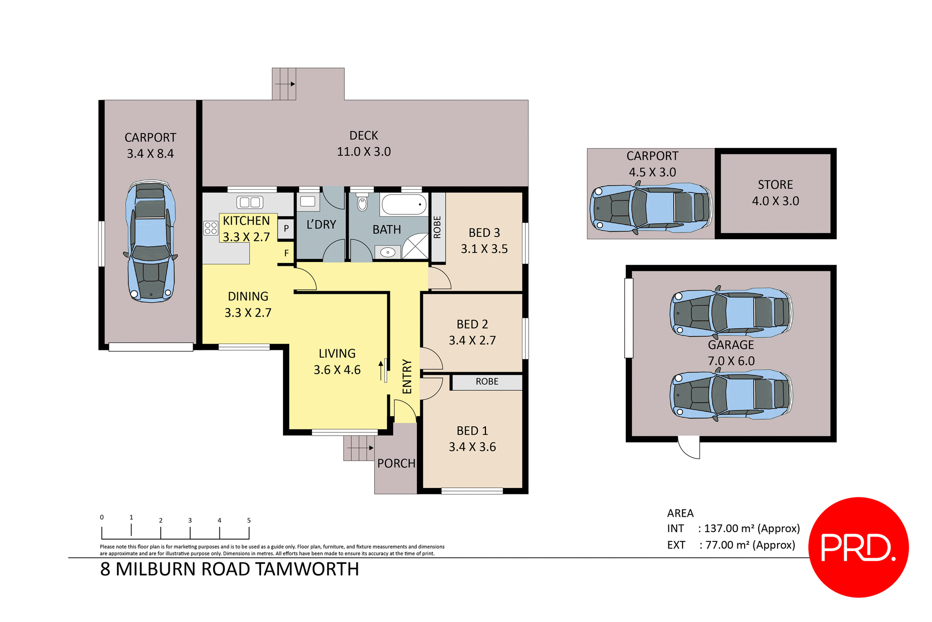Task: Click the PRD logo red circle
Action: coord(858,547)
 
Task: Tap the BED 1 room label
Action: coord(472,431)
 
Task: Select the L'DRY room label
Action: coord(321,225)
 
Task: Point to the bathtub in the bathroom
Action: coord(403,205)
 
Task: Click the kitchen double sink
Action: coord(250,202)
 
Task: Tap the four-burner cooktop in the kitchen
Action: coord(211,228)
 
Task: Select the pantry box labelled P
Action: coord(286,228)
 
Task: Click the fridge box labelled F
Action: coord(286,253)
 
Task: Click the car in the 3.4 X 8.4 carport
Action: coord(150,241)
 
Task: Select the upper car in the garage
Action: coord(731,312)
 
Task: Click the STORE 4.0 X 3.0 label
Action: coord(775,193)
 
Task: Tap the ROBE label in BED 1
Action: coord(487,382)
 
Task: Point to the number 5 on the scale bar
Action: coord(249,521)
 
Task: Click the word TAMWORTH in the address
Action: coord(307,569)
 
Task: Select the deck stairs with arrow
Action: coord(284,84)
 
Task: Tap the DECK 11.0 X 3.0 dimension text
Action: coord(364,152)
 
